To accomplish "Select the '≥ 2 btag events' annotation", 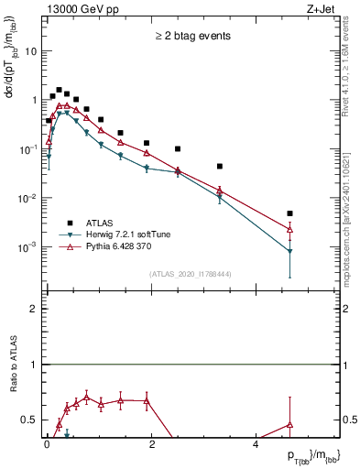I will [x=192, y=37].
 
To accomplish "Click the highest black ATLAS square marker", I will [x=59, y=91].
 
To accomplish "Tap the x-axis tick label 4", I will [x=256, y=444].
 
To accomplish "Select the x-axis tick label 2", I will [x=151, y=444].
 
